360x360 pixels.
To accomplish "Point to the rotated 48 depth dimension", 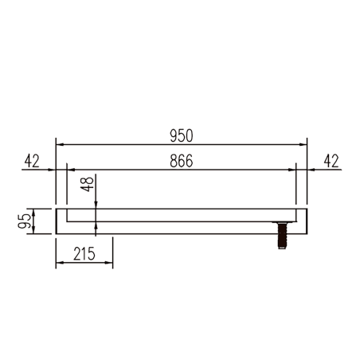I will coord(88,188).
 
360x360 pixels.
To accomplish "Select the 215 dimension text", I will coord(84,255).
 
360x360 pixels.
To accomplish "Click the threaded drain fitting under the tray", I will coord(282,237).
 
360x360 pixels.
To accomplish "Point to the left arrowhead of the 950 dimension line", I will coord(59,145).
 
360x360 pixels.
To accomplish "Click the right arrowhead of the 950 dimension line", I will coord(303,145).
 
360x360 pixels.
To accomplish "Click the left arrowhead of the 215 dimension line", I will coord(59,265).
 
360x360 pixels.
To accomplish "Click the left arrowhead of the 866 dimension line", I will coord(70,170).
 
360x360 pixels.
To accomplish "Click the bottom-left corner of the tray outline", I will coord(56,234).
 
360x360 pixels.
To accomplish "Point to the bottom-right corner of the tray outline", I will coord(307,234).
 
